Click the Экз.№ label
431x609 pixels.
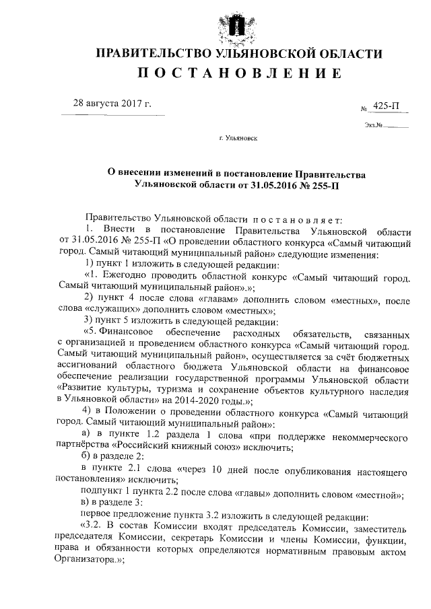pyautogui.click(x=374, y=125)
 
